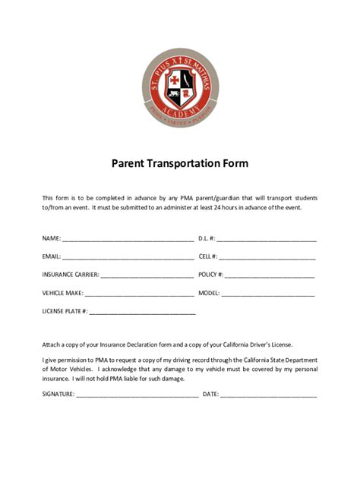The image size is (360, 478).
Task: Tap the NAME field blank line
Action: pyautogui.click(x=128, y=239)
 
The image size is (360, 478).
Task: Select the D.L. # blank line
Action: pyautogui.click(x=267, y=239)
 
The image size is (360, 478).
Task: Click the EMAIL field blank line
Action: pyautogui.click(x=128, y=257)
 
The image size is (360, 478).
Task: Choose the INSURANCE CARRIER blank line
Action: pyautogui.click(x=147, y=275)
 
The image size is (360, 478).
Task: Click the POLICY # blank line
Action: pyautogui.click(x=270, y=275)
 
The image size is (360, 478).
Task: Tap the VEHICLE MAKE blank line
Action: pyautogui.click(x=139, y=294)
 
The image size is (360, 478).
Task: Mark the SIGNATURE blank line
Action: pyautogui.click(x=137, y=395)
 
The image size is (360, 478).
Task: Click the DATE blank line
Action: pyautogui.click(x=269, y=395)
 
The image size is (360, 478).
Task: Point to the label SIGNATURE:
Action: pyautogui.click(x=58, y=395)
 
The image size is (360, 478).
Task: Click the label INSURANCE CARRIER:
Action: pyautogui.click(x=71, y=275)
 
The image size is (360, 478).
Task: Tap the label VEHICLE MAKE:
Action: pyautogui.click(x=62, y=293)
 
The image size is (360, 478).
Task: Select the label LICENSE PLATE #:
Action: pyautogui.click(x=65, y=311)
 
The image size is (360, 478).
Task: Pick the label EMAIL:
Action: pyautogui.click(x=52, y=256)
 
